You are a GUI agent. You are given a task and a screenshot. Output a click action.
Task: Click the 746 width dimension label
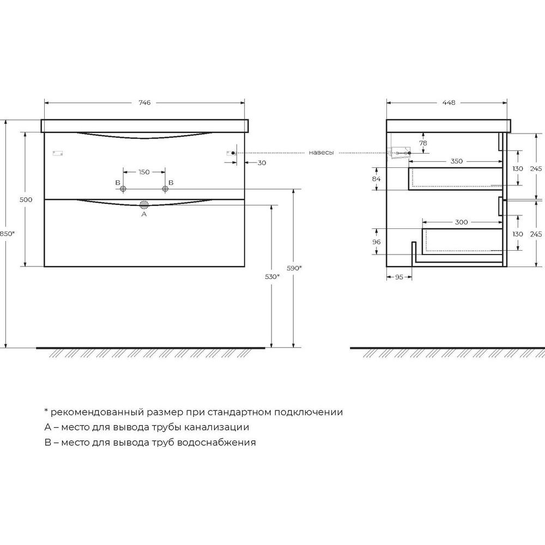pos(144,102)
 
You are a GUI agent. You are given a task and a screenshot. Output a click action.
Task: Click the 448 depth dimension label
pos(449,102)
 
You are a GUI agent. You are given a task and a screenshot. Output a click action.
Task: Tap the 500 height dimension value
pos(26,199)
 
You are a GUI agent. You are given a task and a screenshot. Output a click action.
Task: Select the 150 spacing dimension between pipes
pos(144,172)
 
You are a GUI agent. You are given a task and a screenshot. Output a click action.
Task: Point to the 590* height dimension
pos(294,268)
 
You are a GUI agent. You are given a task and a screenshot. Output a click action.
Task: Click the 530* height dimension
pos(272,277)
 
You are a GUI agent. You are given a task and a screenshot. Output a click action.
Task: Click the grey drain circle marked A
pos(144,205)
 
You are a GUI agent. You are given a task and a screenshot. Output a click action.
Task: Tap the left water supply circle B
pos(123,189)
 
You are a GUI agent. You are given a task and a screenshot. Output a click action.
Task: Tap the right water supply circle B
pos(165,189)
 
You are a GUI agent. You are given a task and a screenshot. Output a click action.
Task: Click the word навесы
pos(321,153)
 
